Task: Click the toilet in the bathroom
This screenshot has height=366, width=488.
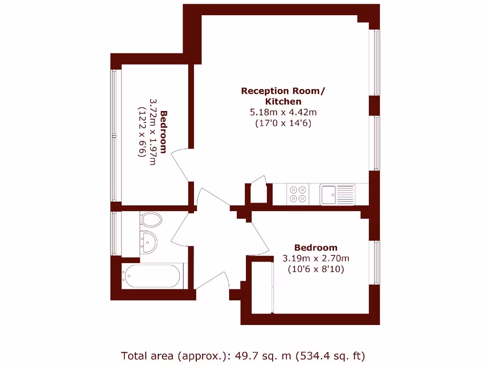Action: coord(151,220)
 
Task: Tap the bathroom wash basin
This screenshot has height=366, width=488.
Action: coord(150,242)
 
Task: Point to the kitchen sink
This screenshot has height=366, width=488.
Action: coord(337,194)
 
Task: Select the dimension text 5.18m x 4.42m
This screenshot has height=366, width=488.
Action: coord(284,112)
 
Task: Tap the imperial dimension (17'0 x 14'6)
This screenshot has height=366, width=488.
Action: coord(284,123)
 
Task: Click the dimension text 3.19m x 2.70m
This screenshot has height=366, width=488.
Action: coord(316,258)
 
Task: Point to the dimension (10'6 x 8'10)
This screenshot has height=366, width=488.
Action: coord(316,269)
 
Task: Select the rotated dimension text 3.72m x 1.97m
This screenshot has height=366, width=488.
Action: coord(152,132)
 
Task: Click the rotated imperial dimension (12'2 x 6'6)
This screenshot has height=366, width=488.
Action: coord(142,132)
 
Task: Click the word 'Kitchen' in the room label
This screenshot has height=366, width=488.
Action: coord(283,102)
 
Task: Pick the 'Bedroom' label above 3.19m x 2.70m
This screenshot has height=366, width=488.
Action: coord(315,247)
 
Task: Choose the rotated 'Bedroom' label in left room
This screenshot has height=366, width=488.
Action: coord(163,132)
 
